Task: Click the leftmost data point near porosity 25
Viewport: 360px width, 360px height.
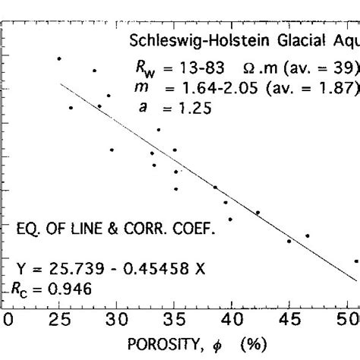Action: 58,58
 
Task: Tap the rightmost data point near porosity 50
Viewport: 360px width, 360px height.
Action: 355,261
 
